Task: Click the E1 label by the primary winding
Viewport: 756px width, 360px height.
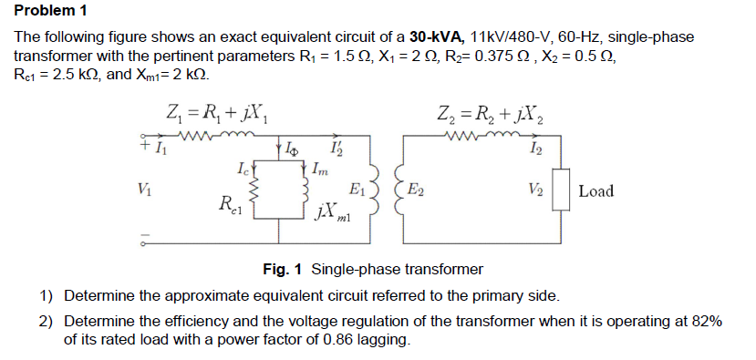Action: [x=358, y=190]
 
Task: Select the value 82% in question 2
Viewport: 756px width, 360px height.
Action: [x=704, y=322]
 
